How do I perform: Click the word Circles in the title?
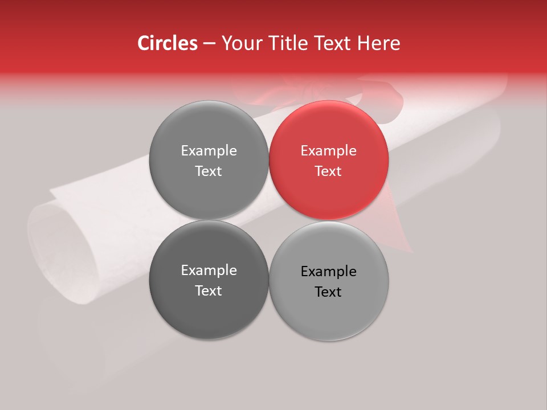point(167,43)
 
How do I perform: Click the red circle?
point(328,161)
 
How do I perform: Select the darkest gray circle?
point(209,280)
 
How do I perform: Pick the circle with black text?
point(328,281)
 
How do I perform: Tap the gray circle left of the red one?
point(209,161)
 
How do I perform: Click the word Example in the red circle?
point(328,151)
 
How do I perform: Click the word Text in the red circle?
point(328,171)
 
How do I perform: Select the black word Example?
point(328,272)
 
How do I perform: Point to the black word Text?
point(328,292)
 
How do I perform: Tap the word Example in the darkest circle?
point(209,270)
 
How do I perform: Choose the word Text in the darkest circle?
point(209,291)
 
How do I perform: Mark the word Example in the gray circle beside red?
point(209,151)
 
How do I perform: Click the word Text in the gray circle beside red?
point(209,171)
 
